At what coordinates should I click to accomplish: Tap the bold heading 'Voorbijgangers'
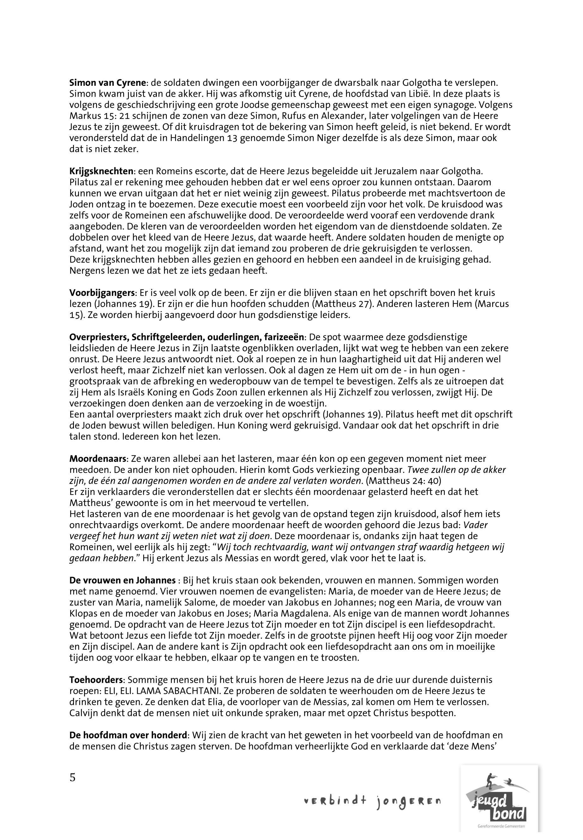pos(102,293)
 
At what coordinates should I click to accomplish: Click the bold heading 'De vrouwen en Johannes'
pos(123,580)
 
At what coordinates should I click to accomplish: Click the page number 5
pos(72,778)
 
